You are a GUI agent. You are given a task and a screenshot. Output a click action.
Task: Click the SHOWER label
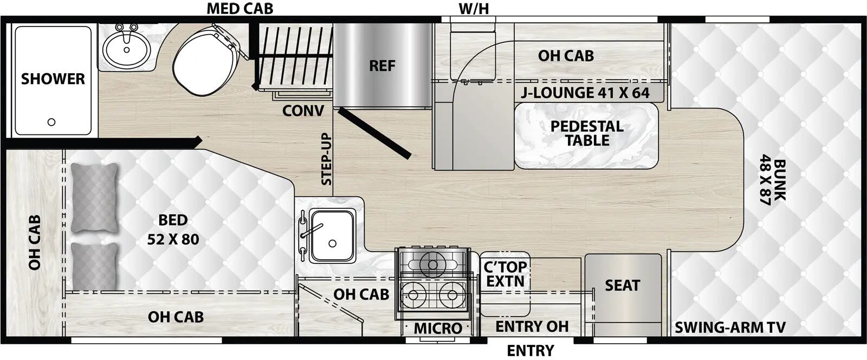[53, 79]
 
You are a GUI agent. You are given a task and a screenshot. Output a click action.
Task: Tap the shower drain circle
[51, 122]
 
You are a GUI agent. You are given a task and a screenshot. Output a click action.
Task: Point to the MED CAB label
[240, 9]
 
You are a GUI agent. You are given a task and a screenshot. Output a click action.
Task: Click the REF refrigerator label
[382, 66]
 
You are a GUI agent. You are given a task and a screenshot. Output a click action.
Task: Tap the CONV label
[303, 111]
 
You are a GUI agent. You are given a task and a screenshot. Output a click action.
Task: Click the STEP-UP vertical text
[326, 159]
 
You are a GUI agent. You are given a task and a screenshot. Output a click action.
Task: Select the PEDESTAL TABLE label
[587, 133]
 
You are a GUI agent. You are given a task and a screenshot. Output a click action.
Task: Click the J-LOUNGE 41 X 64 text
[585, 93]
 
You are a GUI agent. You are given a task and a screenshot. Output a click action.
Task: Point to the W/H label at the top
[474, 9]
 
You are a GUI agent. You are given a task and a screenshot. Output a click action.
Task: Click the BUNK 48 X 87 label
[772, 182]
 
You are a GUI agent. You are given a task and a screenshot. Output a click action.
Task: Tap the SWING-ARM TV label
[730, 327]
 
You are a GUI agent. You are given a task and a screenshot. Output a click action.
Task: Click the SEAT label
[622, 285]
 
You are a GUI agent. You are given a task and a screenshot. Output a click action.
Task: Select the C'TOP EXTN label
[505, 274]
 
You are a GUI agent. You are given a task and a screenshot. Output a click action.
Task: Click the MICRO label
[438, 328]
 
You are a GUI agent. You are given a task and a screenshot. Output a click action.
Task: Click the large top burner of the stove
[432, 264]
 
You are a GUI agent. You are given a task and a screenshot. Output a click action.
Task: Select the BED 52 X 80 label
[173, 229]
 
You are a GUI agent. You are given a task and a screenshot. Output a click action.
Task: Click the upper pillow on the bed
[95, 198]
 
